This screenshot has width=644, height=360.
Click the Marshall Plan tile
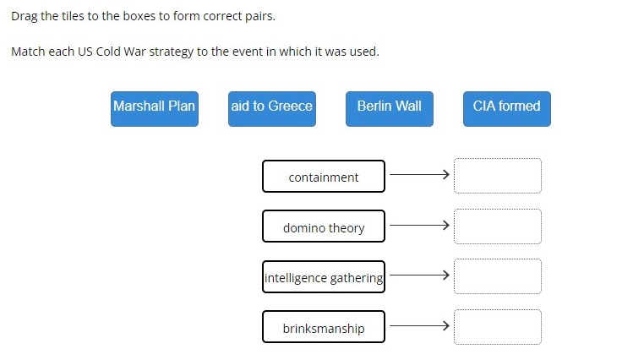[x=155, y=109]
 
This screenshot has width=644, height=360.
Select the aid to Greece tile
[x=272, y=109]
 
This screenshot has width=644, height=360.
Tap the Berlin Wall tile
[x=390, y=109]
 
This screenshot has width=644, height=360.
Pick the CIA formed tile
[x=507, y=109]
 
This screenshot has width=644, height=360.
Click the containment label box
[x=324, y=176]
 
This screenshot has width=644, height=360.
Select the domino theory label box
[x=324, y=226]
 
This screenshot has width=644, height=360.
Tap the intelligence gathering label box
[x=324, y=276]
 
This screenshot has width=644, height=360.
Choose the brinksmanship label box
[x=324, y=327]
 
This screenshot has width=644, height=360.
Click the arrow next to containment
[x=419, y=174]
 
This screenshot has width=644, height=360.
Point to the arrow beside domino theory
[x=419, y=225]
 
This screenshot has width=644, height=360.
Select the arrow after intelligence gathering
[x=419, y=275]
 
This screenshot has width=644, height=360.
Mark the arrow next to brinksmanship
[x=419, y=326]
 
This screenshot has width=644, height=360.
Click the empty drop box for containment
[x=498, y=176]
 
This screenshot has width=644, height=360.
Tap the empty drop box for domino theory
[x=498, y=226]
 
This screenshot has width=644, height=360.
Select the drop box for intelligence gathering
[x=498, y=276]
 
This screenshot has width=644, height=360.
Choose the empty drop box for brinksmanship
[x=498, y=327]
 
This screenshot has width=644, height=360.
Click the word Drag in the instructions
[x=25, y=16]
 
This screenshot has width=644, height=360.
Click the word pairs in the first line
[x=260, y=17]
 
